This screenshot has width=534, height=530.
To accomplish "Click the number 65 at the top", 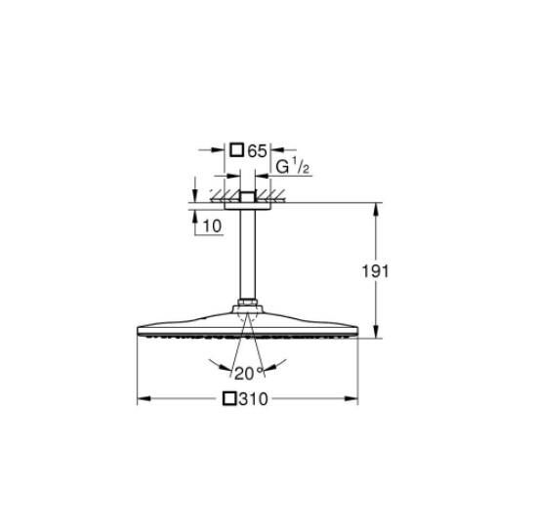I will [258, 150].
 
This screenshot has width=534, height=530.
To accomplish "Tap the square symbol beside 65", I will [236, 150].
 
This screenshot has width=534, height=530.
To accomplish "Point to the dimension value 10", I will [212, 225].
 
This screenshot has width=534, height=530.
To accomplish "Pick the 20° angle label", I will [246, 373].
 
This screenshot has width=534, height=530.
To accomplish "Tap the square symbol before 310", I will [229, 399].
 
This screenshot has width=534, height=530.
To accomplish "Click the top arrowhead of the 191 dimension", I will [376, 207].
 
